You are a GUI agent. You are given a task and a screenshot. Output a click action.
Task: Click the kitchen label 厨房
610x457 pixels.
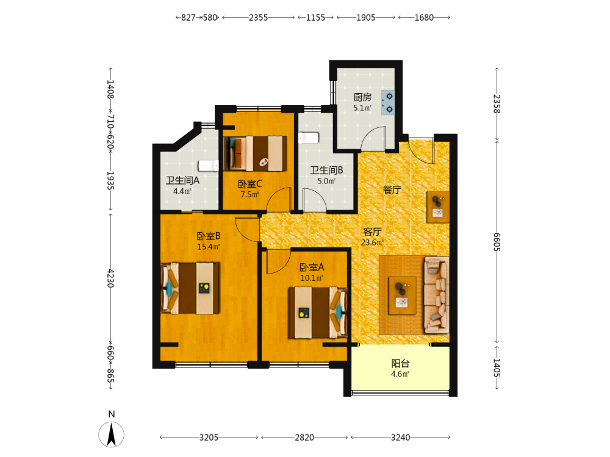(362, 97)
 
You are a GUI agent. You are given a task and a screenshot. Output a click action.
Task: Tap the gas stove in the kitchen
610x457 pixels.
(388, 103)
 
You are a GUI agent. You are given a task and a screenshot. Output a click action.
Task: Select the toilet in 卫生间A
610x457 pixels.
(208, 166)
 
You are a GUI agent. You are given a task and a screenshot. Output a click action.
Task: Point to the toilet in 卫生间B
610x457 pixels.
(309, 138)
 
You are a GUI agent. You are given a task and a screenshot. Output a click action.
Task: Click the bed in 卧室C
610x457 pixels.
(256, 154)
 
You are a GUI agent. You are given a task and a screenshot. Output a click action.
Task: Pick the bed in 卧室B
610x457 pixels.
(190, 288)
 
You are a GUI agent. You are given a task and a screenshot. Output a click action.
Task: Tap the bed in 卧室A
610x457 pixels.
(318, 313)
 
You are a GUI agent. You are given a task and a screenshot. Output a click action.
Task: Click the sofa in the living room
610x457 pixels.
(437, 294)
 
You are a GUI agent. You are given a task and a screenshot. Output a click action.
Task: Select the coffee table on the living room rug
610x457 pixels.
(402, 296)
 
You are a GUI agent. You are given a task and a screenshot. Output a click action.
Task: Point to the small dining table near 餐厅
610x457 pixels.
(438, 207)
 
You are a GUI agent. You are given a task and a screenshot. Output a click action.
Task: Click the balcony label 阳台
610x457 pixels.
(400, 363)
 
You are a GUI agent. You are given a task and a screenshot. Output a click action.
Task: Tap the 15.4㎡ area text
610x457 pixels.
(209, 247)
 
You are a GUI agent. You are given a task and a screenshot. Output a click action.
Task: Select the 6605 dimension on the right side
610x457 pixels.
(497, 242)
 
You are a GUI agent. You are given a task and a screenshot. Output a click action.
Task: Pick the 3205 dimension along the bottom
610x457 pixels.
(209, 438)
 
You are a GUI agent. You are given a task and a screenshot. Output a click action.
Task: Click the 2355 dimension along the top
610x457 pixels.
(258, 18)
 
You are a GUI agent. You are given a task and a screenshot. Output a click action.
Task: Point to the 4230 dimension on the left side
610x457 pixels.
(110, 278)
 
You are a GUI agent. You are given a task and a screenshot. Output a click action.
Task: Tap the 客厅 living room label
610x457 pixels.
(372, 232)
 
